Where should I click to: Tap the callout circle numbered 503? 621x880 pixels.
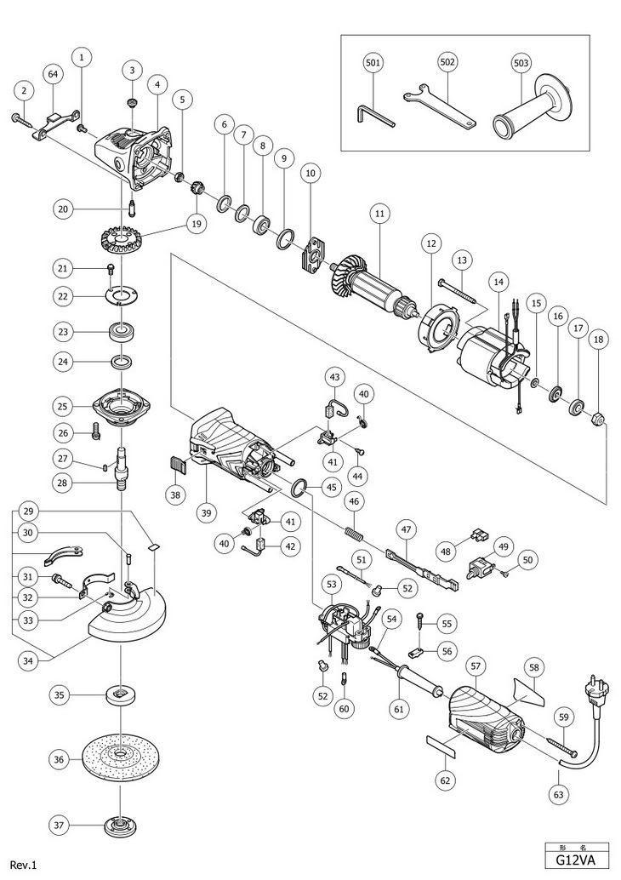click(x=523, y=63)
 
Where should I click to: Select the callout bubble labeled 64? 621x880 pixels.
click(x=54, y=75)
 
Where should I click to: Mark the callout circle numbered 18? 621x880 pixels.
click(x=600, y=340)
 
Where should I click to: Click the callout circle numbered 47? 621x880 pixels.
click(x=406, y=529)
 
